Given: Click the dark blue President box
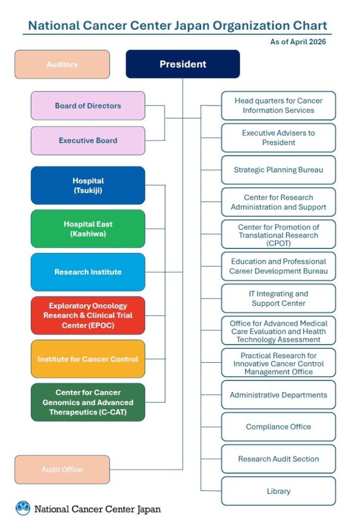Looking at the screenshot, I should coord(183,64).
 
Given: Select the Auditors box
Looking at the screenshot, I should coord(62,64).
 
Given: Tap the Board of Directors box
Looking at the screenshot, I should coord(88,105).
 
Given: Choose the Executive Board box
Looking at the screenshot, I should coord(88,140).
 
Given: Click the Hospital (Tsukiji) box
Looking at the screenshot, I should coord(88,185).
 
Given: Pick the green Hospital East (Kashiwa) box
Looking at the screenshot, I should coord(88,229).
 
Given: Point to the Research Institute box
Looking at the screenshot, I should coord(88,272).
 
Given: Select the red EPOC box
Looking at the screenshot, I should coord(88,315).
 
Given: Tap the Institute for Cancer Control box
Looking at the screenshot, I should coord(88,359).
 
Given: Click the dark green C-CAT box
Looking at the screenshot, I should coord(88,402).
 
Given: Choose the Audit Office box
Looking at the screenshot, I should coord(62,469).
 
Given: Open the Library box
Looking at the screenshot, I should coord(278,491).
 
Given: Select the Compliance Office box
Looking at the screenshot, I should coord(278,426).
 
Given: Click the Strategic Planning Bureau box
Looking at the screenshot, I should coord(278,170).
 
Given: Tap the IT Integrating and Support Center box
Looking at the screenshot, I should coord(278,299).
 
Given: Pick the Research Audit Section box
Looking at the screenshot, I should coord(278,459).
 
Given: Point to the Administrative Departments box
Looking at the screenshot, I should coord(278,395).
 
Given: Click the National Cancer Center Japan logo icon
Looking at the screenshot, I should coord(23,508).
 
